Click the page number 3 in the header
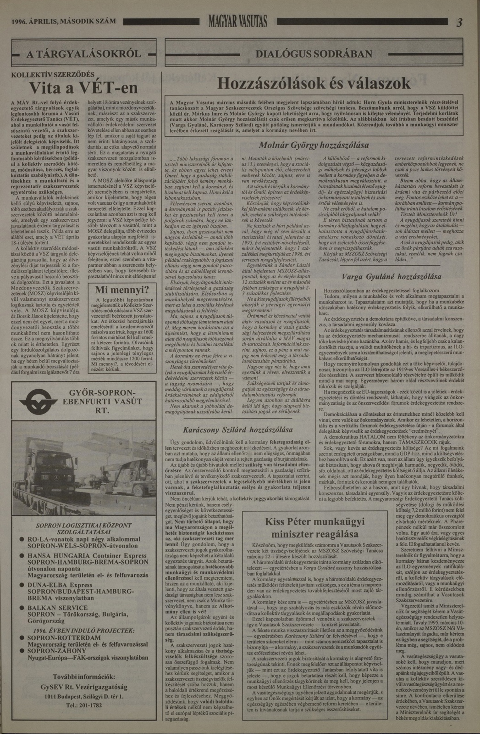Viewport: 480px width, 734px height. click(459, 22)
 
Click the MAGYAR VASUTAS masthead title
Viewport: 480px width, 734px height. click(238, 22)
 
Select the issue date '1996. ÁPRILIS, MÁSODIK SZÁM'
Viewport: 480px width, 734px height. click(64, 22)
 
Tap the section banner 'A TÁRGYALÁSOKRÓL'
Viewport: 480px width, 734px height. click(84, 54)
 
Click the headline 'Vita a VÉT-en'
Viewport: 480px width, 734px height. click(84, 87)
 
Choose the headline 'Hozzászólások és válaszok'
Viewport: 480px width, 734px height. click(314, 83)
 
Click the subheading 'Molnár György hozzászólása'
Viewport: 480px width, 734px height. click(314, 145)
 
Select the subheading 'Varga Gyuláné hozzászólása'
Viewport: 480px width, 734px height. click(391, 277)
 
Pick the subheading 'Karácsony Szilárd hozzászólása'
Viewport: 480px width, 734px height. click(237, 430)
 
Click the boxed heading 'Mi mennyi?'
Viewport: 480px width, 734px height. click(122, 290)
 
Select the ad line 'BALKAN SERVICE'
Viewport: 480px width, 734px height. click(58, 608)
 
